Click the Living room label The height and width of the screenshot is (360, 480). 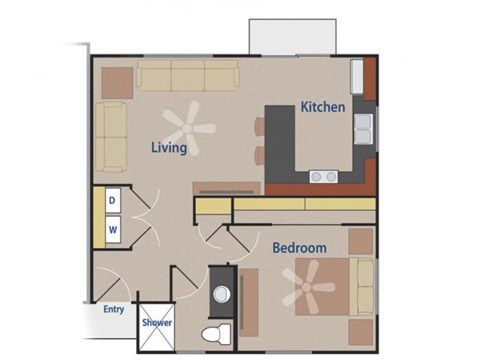pos(170,148)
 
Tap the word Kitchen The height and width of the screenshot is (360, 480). pos(323,106)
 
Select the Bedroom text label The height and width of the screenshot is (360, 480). pos(299,247)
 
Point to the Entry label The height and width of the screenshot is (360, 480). pos(114,310)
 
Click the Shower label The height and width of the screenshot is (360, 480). pos(157,323)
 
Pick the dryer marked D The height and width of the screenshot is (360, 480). pos(113,200)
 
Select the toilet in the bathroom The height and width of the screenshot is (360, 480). pos(212,332)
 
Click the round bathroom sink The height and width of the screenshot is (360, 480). pos(222,294)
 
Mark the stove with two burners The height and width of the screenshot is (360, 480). pos(323,176)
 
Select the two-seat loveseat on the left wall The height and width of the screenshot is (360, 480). pos(111,135)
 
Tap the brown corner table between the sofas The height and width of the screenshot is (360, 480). pos(115,80)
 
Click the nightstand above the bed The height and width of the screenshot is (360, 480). pos(361,241)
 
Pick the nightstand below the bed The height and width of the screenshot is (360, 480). pos(361,330)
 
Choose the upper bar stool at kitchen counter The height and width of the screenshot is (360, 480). pos(260,126)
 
